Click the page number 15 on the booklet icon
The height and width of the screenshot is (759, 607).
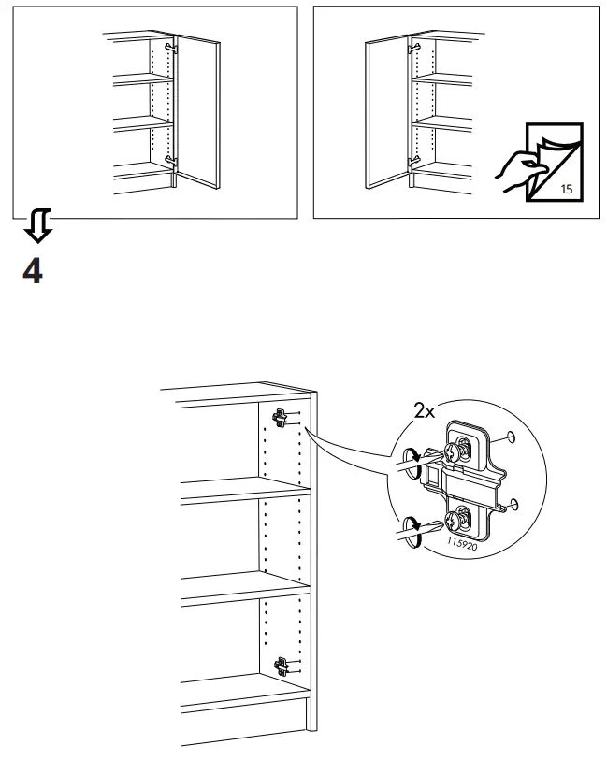click(x=566, y=189)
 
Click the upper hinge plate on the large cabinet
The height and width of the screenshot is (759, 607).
click(x=280, y=418)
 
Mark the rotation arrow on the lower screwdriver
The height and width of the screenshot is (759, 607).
click(x=412, y=523)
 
